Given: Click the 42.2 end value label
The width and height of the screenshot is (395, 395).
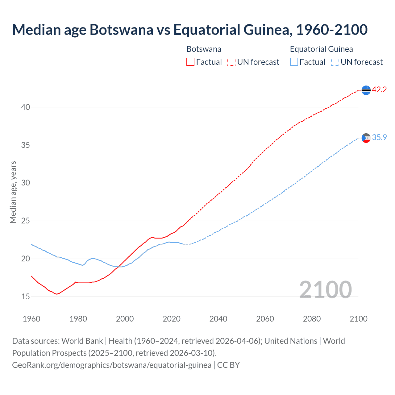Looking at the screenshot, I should click(379, 89).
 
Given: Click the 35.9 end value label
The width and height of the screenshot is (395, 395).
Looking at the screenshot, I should click(379, 137).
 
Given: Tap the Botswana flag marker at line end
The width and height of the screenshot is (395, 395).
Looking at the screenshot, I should click(366, 90).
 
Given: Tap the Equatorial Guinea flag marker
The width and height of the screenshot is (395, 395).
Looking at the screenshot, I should click(366, 138).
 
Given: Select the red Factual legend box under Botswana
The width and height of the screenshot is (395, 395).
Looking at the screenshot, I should click(190, 62).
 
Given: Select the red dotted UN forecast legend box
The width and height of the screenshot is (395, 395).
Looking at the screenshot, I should click(231, 62).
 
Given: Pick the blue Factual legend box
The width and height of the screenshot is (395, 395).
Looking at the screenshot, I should click(294, 62).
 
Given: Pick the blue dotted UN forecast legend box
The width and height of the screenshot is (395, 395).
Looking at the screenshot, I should click(335, 62).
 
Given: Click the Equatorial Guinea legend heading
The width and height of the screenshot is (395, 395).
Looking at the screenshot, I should click(321, 49).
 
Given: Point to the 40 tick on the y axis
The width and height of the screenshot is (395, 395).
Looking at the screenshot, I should click(26, 107).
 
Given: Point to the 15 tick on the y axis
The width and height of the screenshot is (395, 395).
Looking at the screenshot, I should click(26, 297).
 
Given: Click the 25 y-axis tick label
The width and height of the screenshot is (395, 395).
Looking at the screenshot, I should click(26, 221).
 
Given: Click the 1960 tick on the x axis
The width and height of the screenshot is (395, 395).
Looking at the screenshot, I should click(31, 319).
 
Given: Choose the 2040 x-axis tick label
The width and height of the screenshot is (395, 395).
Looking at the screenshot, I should click(218, 319).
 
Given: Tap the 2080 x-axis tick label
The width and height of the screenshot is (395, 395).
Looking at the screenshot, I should click(312, 319).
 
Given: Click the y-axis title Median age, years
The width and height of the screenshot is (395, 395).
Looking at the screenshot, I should click(13, 192).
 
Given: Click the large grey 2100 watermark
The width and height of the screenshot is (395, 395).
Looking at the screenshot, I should click(325, 289).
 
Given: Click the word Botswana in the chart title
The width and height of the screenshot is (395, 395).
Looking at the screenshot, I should click(121, 30).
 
